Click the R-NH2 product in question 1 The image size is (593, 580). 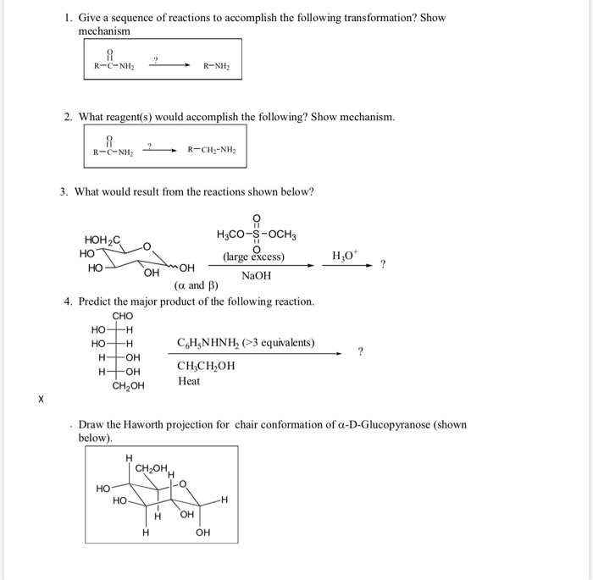[x=217, y=66]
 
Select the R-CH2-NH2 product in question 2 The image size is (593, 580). [x=213, y=152]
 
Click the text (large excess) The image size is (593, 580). [x=253, y=257]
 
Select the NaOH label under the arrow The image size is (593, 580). [x=257, y=276]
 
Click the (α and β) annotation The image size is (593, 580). [x=186, y=285]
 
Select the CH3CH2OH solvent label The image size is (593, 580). [x=206, y=366]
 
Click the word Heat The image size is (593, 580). [x=189, y=381]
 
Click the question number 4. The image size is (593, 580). [x=68, y=301]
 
